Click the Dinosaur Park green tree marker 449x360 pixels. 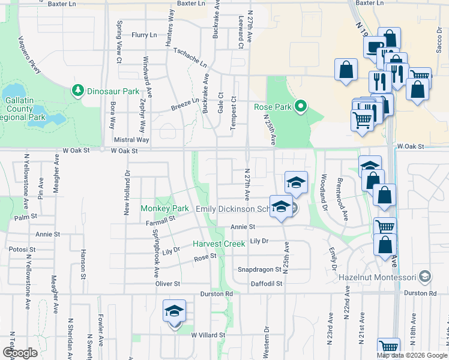(77, 91)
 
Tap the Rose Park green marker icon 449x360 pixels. (301, 107)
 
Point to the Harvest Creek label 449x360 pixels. (218, 244)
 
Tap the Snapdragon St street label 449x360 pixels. (260, 270)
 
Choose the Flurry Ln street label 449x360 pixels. (144, 35)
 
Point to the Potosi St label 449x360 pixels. (20, 248)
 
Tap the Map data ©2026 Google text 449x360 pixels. (411, 355)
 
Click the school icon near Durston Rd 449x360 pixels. (175, 312)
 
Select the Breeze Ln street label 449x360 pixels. (185, 103)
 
